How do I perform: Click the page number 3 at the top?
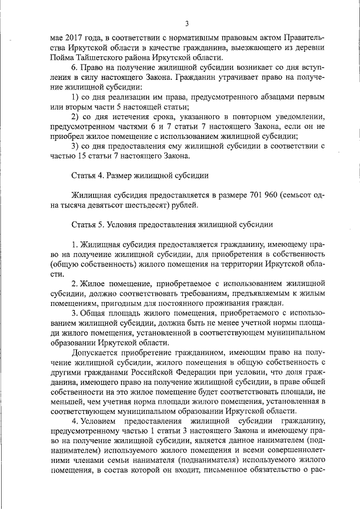186,23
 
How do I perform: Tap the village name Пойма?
61,57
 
